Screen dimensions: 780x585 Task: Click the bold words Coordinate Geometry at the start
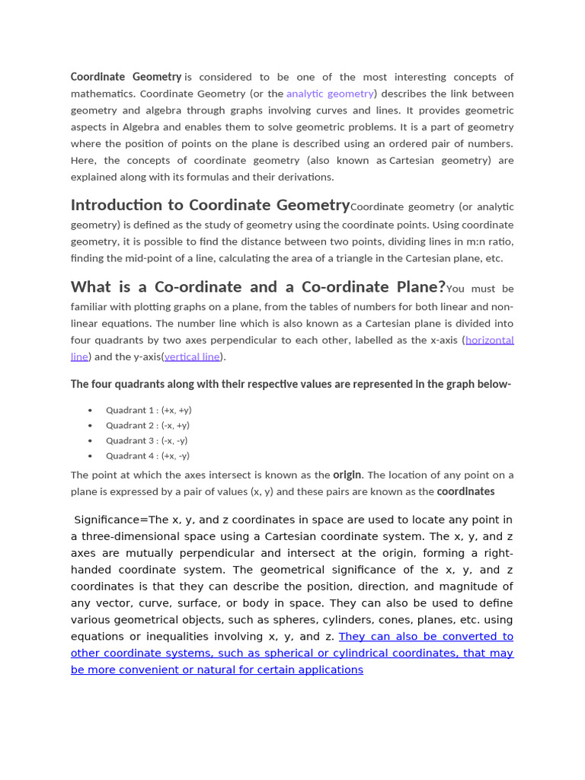pyautogui.click(x=126, y=77)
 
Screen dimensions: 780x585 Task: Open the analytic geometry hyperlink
pyautogui.click(x=330, y=94)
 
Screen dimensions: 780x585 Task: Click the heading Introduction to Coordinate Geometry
pyautogui.click(x=210, y=205)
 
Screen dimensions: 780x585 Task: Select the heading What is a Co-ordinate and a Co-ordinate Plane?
pyautogui.click(x=257, y=287)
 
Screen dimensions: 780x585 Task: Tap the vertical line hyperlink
pyautogui.click(x=192, y=356)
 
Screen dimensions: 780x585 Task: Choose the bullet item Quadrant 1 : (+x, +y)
pyautogui.click(x=148, y=410)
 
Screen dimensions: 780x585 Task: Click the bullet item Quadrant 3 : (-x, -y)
pyautogui.click(x=146, y=440)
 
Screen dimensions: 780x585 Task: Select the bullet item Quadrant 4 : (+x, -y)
pyautogui.click(x=147, y=456)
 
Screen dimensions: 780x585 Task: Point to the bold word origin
pyautogui.click(x=347, y=475)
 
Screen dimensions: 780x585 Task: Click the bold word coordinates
pyautogui.click(x=465, y=491)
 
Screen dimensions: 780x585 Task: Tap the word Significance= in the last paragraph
pyautogui.click(x=110, y=519)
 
